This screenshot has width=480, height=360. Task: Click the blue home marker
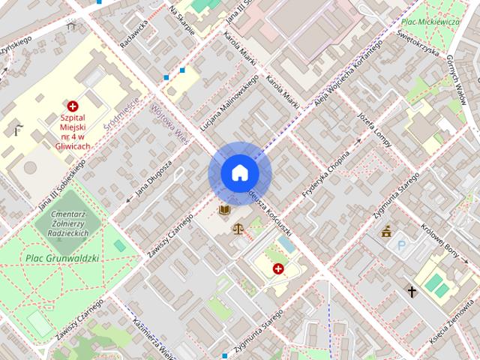(238, 173)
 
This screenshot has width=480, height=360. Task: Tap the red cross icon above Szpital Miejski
(73, 107)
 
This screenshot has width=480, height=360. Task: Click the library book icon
(223, 210)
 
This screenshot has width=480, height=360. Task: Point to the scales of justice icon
(238, 229)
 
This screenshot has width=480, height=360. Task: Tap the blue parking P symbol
(402, 244)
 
